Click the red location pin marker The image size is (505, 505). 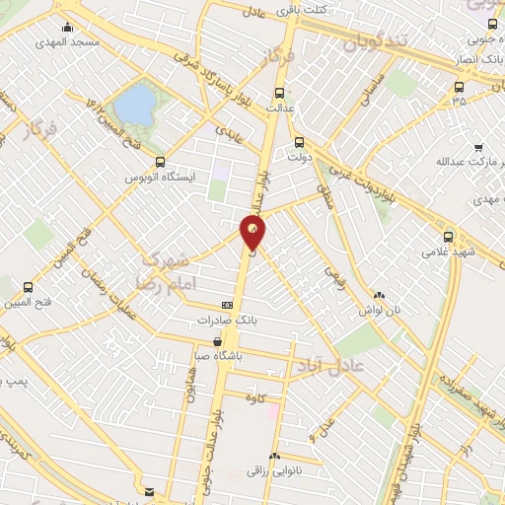(254, 232)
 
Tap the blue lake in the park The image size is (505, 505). (135, 103)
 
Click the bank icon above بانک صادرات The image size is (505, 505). (227, 306)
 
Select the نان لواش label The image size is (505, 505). (379, 311)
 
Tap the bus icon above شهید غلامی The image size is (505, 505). (449, 238)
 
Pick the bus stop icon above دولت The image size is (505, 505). (299, 141)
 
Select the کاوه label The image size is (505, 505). (273, 396)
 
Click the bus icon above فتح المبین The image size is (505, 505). (27, 288)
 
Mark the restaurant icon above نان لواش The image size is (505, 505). (380, 295)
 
